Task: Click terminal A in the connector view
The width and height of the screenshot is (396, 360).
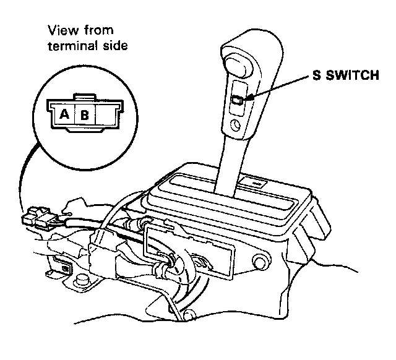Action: (x=64, y=114)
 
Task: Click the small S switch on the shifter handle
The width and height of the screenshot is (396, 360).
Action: (x=237, y=99)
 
